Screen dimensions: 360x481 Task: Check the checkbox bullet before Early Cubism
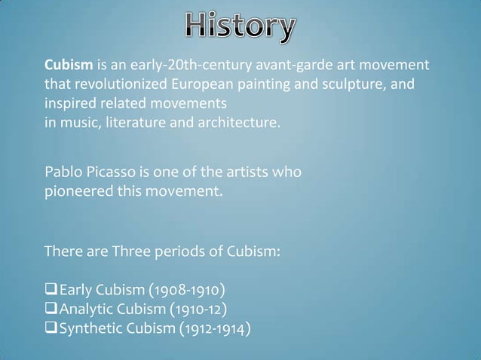[x=52, y=291]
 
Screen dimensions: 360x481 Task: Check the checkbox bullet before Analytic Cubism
[x=52, y=309]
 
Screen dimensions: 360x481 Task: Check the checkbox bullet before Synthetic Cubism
[x=52, y=328]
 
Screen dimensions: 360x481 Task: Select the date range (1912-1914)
[x=214, y=328]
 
